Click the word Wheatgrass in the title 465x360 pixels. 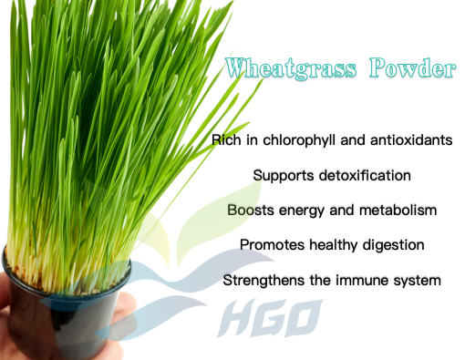pos(291,68)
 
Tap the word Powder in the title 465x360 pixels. pos(412,67)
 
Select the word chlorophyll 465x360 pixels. pos(299,140)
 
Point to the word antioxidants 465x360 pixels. pos(411,140)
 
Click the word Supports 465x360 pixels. pos(284,176)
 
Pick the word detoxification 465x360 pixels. pos(365,175)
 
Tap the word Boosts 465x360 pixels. pos(251,210)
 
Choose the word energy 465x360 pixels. pos(302,211)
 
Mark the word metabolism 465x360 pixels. pos(398,210)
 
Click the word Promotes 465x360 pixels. pos(272,245)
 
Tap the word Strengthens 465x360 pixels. pos(263,281)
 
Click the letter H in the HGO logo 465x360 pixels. pos(239,318)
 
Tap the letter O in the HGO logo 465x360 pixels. pos(304,318)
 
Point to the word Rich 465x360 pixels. pos(226,140)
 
